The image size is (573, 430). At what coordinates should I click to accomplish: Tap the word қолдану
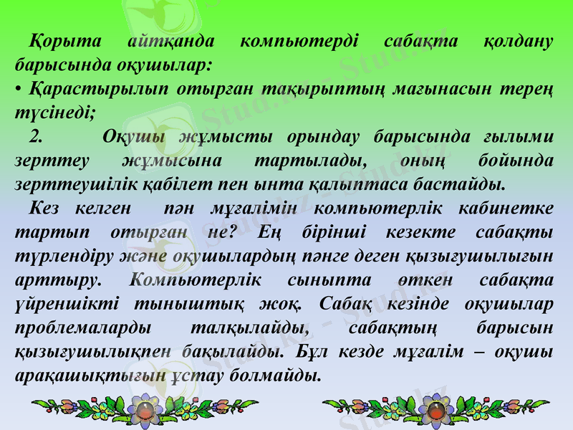(516, 41)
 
